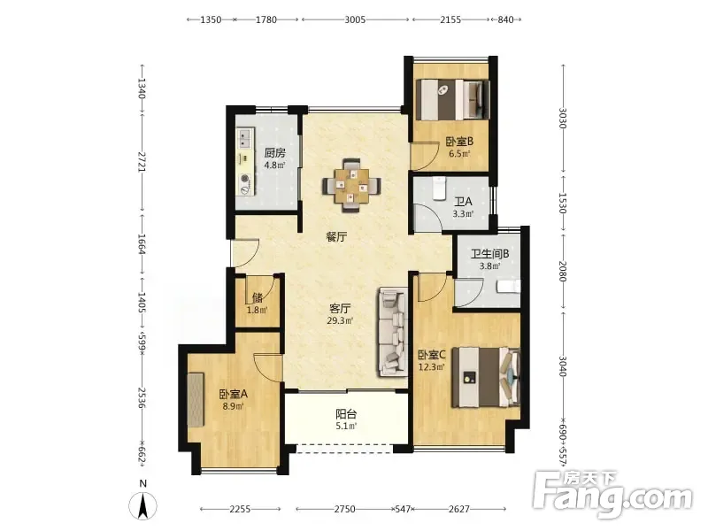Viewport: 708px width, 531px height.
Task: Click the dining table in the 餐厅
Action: tap(351, 186)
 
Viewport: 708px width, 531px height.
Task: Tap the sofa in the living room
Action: tap(393, 332)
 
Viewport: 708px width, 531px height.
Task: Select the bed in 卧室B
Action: tap(453, 100)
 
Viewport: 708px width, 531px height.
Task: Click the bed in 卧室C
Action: tap(486, 377)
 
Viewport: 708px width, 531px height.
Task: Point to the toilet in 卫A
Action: tap(439, 188)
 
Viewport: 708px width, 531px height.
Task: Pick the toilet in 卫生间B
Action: tap(508, 286)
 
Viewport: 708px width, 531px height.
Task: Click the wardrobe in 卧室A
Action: tap(196, 400)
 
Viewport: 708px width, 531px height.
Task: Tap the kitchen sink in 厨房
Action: tap(245, 139)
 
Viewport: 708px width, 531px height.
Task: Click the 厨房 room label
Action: tap(274, 152)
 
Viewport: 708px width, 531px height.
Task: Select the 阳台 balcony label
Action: tap(346, 414)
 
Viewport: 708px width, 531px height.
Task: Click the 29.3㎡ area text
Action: tap(340, 321)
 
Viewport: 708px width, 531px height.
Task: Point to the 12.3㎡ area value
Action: tap(432, 367)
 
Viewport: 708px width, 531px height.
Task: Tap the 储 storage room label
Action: tap(258, 298)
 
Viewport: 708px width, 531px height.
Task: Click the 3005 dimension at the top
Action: tap(355, 19)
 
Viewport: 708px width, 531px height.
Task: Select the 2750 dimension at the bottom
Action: tap(344, 509)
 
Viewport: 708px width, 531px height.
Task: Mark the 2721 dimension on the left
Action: tap(142, 162)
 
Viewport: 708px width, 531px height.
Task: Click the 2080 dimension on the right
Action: tap(562, 271)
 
